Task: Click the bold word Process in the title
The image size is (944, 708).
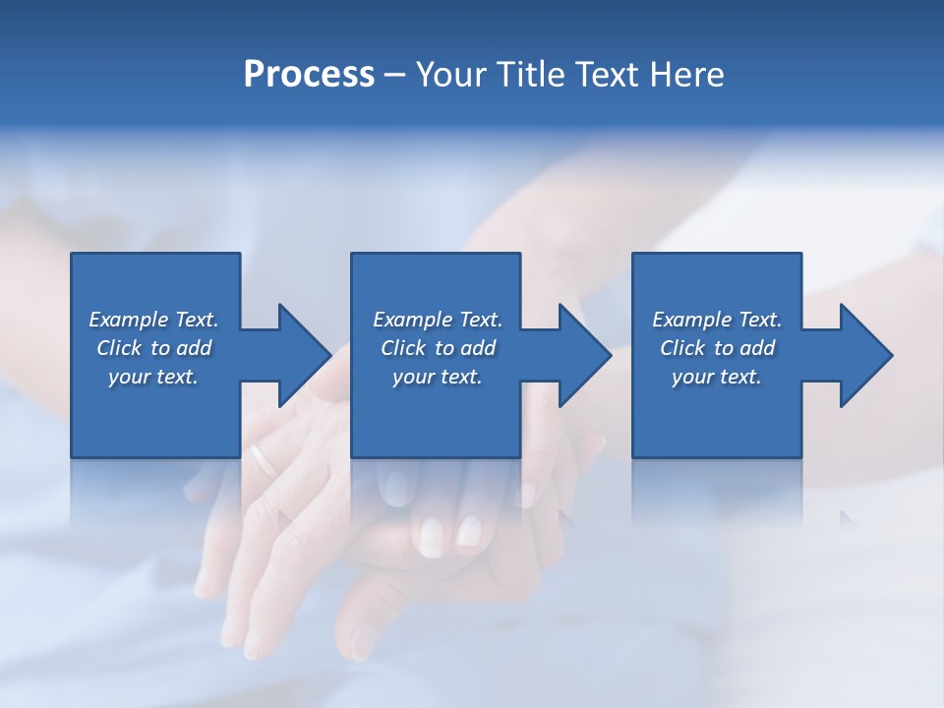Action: tap(309, 75)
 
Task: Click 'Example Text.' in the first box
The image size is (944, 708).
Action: tap(153, 320)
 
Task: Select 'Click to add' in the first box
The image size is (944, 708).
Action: tap(153, 348)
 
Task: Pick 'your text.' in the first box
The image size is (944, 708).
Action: tap(153, 377)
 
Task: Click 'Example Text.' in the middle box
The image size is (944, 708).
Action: tap(438, 320)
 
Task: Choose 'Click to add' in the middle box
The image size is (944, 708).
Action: tap(438, 348)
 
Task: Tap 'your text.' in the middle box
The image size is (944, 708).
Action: tap(438, 377)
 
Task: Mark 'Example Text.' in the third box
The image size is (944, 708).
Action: tap(717, 320)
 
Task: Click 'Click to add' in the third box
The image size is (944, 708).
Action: tap(717, 348)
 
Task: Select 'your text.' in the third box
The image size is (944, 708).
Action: tap(717, 377)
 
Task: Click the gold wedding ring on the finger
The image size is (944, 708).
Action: tap(262, 458)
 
